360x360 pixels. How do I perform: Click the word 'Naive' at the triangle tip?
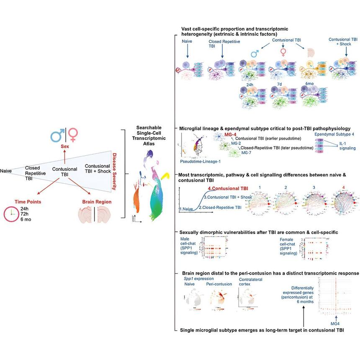click(6, 171)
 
